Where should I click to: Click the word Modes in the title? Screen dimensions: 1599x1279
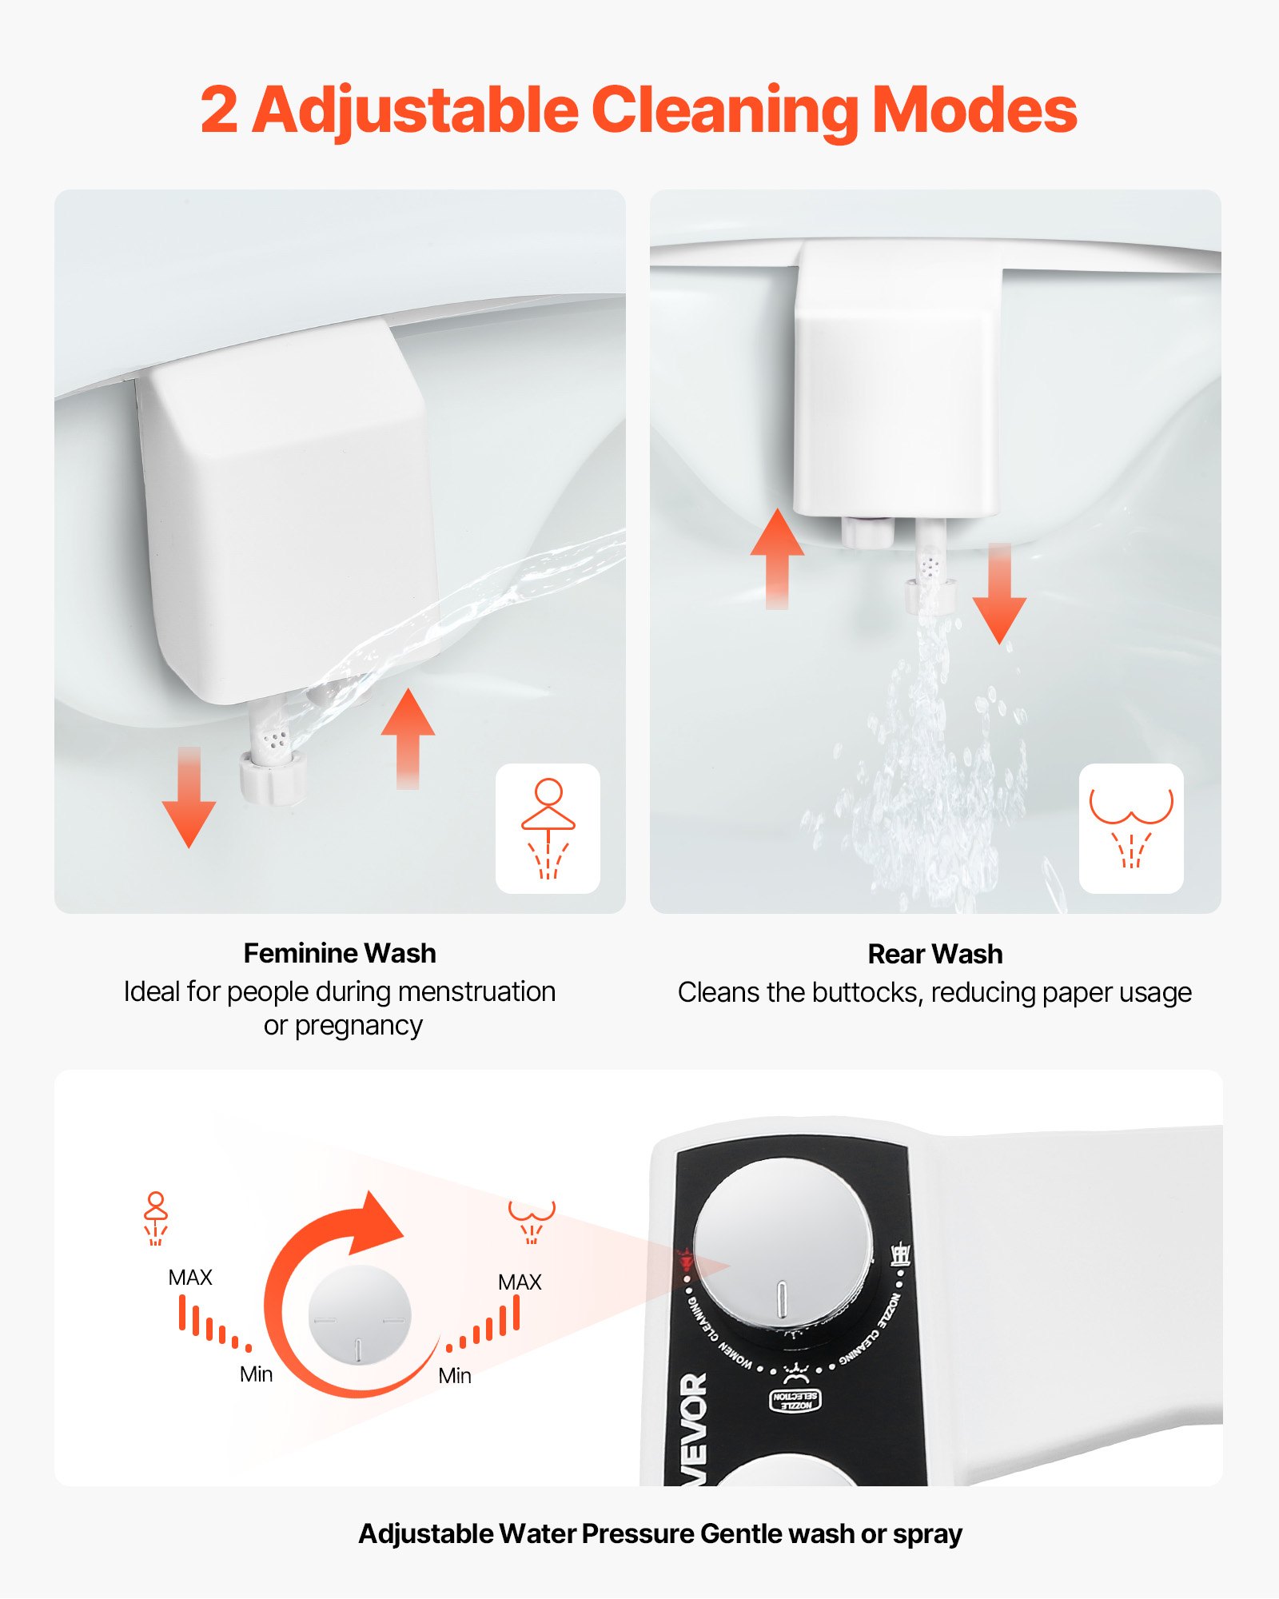[974, 110]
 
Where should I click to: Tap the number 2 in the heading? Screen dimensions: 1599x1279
[219, 110]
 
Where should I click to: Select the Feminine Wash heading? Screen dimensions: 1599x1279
[340, 953]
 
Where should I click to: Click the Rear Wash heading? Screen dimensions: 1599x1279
[934, 954]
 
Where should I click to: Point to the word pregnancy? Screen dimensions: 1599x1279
[358, 1026]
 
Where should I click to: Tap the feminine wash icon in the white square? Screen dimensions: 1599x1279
[548, 828]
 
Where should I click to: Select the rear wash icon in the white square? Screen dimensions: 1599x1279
[1130, 828]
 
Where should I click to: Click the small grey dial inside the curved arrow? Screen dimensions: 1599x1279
[359, 1315]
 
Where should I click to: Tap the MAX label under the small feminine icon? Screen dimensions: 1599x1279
[190, 1278]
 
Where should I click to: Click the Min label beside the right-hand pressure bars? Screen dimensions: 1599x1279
[455, 1376]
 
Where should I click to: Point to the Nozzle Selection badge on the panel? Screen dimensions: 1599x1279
[795, 1400]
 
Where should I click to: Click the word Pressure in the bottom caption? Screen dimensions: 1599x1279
[638, 1533]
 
